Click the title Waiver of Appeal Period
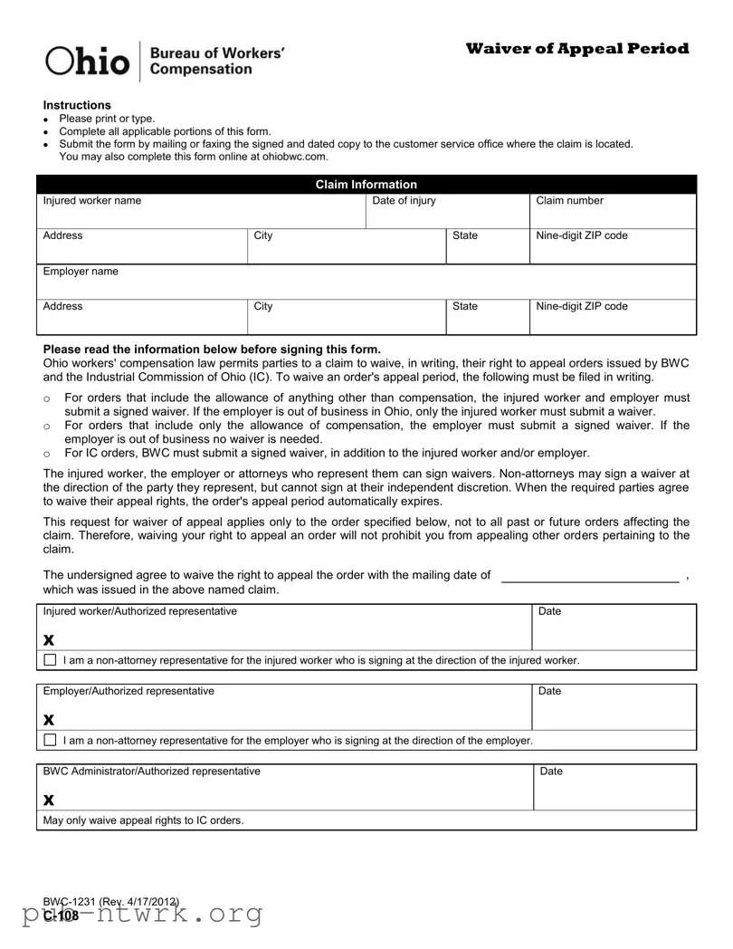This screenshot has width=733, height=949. point(577,49)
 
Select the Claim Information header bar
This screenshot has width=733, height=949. point(366,184)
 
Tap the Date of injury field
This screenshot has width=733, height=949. point(447,215)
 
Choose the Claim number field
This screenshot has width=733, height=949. point(613,215)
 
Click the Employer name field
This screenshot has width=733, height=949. point(366,284)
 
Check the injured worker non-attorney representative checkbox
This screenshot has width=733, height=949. point(50,660)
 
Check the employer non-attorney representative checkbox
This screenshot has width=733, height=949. point(50,740)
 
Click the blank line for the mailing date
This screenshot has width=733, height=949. point(589,577)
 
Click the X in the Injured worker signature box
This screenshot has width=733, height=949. point(49,640)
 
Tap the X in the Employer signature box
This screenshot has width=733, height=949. point(49,720)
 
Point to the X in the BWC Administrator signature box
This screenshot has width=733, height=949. point(49,800)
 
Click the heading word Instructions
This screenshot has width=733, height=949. point(77,105)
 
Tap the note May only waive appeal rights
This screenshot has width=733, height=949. point(143,820)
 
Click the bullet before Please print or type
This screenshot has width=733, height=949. point(46,120)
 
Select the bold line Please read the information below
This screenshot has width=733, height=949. point(212,350)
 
